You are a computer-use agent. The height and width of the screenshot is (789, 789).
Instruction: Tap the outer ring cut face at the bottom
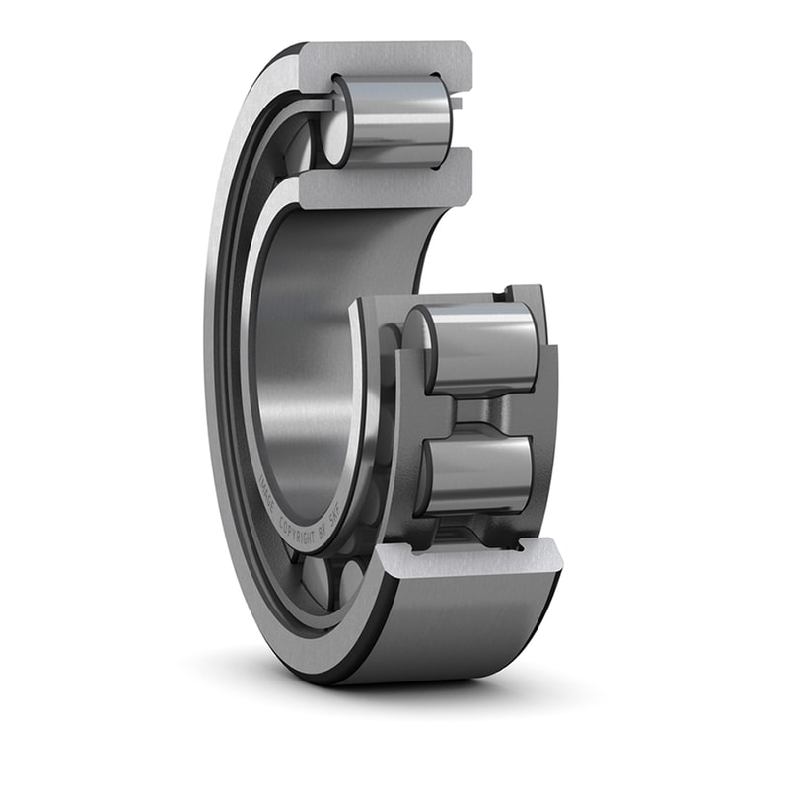click(x=464, y=560)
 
